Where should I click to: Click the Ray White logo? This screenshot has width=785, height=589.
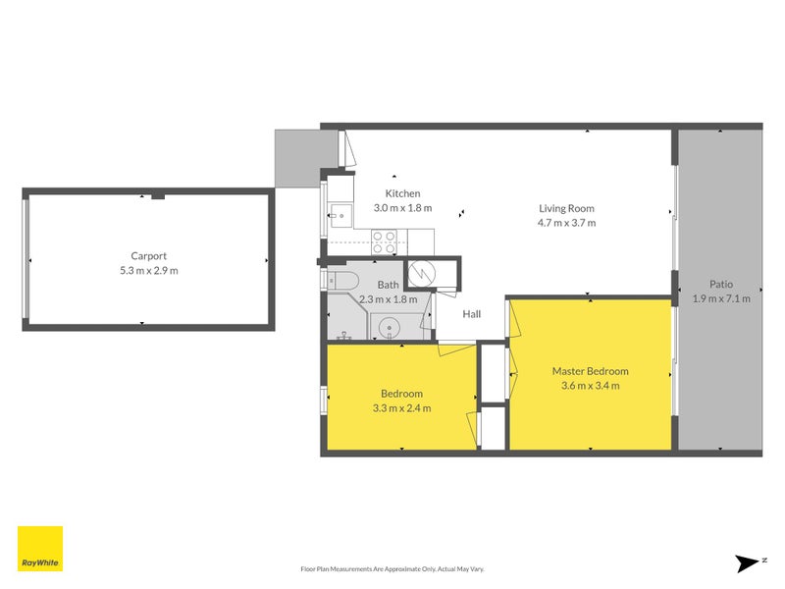(40, 549)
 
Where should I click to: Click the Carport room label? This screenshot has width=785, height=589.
(148, 255)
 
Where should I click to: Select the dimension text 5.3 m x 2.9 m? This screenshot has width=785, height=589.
(148, 270)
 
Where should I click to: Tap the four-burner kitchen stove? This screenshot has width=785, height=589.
(385, 238)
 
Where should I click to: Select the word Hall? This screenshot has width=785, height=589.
(472, 314)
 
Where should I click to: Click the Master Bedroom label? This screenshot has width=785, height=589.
(590, 371)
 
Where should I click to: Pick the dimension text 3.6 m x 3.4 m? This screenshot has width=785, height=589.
(590, 386)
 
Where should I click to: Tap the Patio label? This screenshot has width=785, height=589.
(721, 284)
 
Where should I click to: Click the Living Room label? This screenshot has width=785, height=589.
(566, 208)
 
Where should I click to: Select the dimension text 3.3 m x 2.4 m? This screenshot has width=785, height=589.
(401, 408)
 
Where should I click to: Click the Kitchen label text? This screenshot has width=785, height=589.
(402, 193)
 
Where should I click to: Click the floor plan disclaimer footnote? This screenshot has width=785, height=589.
(392, 568)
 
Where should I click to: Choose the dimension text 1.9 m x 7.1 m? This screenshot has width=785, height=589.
(721, 298)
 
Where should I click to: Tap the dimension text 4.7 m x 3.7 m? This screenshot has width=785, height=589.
(566, 223)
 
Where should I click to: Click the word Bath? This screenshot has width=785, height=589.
(387, 286)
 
